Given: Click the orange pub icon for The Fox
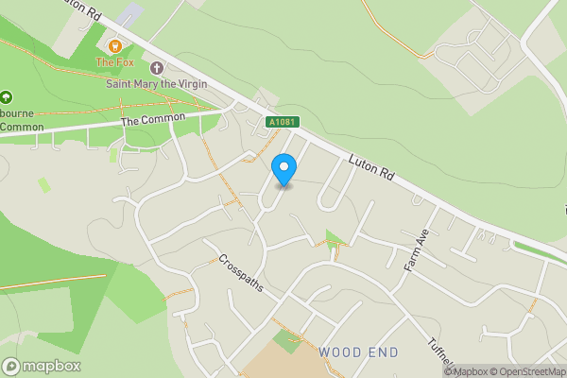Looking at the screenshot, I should (115, 45).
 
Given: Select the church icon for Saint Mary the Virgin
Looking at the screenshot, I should (157, 68).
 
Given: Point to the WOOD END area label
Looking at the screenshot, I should (358, 352).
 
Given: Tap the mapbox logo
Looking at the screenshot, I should (42, 367).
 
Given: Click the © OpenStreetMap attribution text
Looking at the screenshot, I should (527, 371).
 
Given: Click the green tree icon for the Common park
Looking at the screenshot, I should (7, 96).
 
